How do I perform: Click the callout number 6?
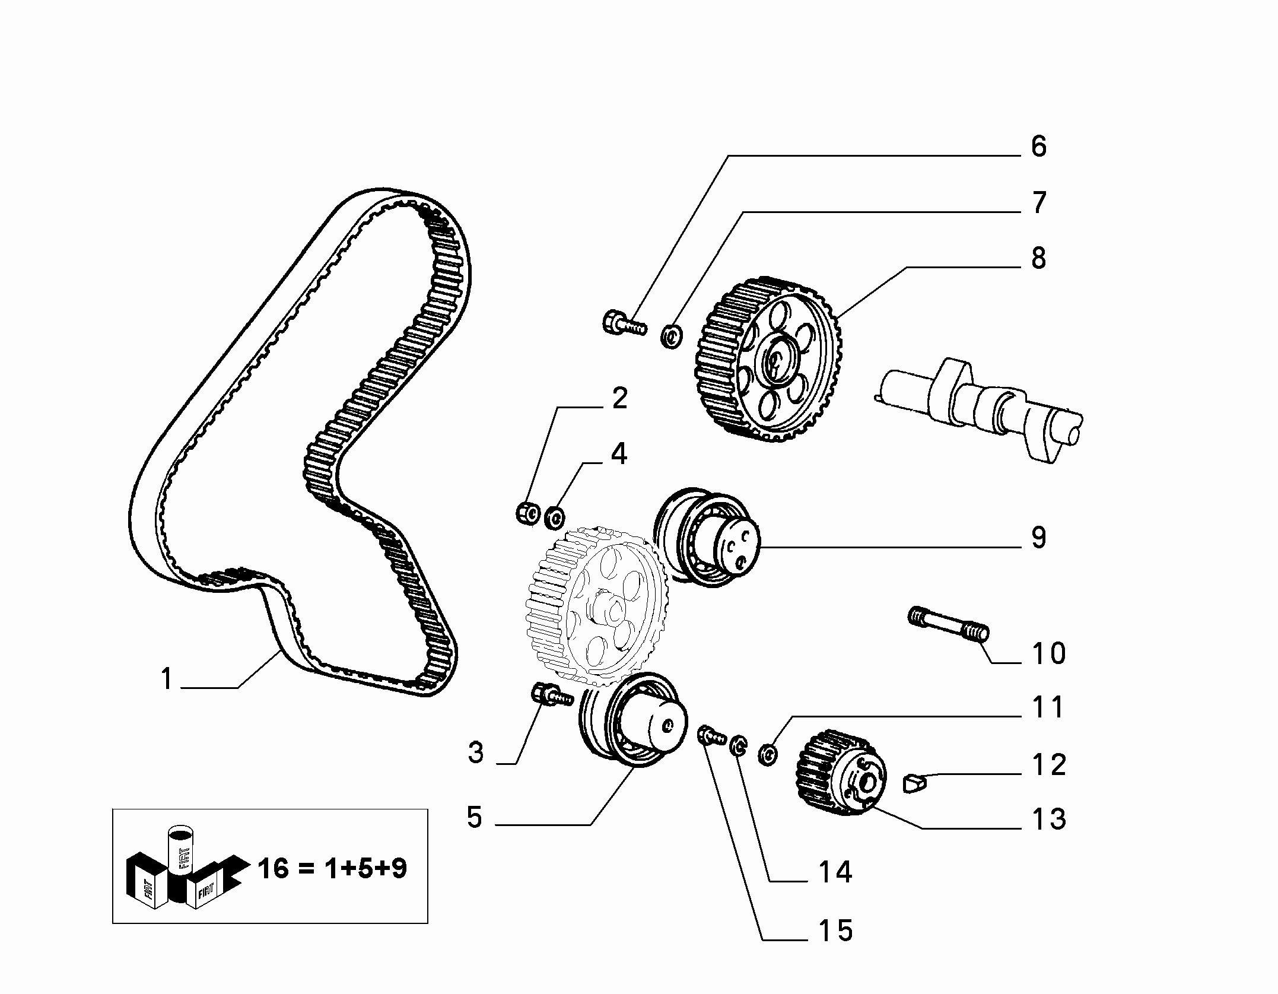pyautogui.click(x=1038, y=147)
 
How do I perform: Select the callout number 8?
pyautogui.click(x=1038, y=258)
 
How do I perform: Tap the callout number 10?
pyautogui.click(x=1048, y=653)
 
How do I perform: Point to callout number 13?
pyautogui.click(x=1048, y=819)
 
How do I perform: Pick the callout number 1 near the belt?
pyautogui.click(x=167, y=679)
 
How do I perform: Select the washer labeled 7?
pyautogui.click(x=672, y=337)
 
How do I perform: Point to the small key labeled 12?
pyautogui.click(x=915, y=783)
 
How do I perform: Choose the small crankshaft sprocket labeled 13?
pyautogui.click(x=840, y=772)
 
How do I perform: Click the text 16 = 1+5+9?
pyautogui.click(x=332, y=869)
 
